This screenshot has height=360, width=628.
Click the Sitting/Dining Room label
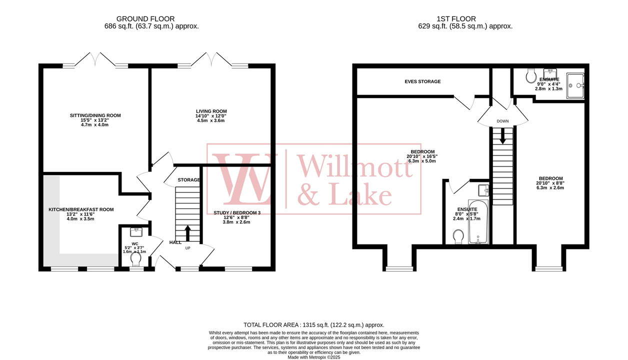click(95, 115)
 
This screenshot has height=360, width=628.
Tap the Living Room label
click(211, 111)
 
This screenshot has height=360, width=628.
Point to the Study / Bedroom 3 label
click(236, 213)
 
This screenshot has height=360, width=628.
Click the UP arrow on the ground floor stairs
click(188, 233)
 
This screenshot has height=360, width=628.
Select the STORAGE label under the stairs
click(189, 180)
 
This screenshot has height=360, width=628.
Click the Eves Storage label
click(423, 81)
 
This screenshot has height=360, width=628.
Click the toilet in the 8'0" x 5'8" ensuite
click(458, 236)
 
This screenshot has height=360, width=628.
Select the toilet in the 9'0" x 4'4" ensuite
click(531, 76)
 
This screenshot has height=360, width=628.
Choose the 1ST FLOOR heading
click(465, 18)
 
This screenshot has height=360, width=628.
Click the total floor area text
click(313, 324)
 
